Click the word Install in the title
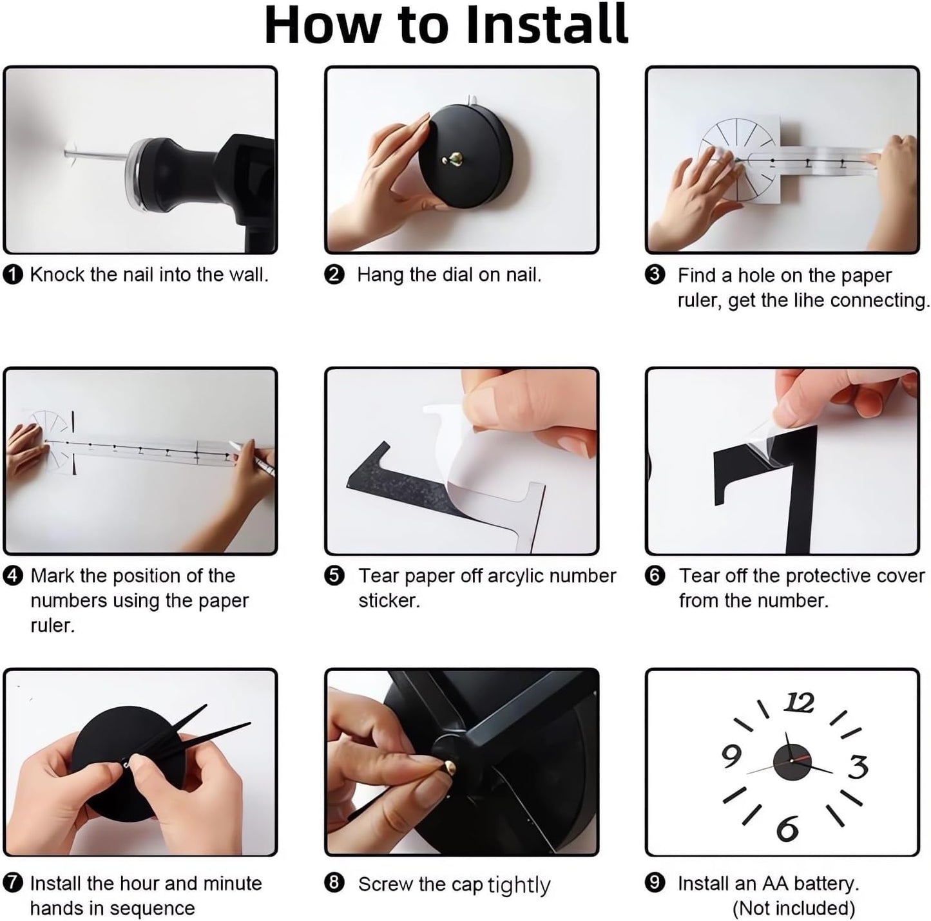[547, 24]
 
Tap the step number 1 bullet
[13, 275]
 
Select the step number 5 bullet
[334, 576]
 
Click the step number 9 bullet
[655, 883]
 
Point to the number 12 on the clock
[799, 703]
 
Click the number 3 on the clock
[858, 767]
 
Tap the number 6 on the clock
[787, 829]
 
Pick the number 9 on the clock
[731, 756]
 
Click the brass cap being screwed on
[449, 767]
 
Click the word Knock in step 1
[57, 275]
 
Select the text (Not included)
[794, 908]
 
